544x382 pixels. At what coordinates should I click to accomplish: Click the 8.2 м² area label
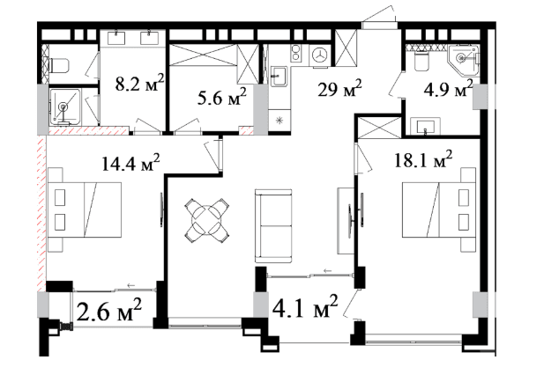click(x=139, y=83)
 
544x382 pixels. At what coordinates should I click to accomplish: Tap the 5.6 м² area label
click(x=221, y=98)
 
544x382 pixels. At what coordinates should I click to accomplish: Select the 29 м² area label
click(x=339, y=89)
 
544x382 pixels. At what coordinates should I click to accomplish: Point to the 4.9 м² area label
click(x=448, y=89)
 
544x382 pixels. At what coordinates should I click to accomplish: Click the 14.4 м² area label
click(x=130, y=163)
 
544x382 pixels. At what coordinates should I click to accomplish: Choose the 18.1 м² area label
click(x=423, y=159)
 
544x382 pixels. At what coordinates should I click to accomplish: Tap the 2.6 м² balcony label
click(x=109, y=311)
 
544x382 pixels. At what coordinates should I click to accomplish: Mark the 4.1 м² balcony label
click(x=305, y=306)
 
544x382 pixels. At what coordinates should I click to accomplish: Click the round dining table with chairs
click(x=207, y=221)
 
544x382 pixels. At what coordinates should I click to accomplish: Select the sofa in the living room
click(x=273, y=226)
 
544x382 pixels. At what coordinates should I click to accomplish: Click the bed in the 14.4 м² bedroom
click(x=85, y=209)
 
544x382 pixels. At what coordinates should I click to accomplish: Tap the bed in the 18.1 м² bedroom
click(x=439, y=209)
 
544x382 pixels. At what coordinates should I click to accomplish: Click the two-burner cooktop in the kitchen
click(x=296, y=54)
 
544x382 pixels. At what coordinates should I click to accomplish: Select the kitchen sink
click(x=279, y=77)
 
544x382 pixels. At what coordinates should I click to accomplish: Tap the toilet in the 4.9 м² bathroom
click(x=421, y=62)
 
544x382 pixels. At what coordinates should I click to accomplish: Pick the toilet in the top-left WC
click(x=60, y=65)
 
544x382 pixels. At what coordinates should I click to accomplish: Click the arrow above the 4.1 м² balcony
click(x=327, y=271)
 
